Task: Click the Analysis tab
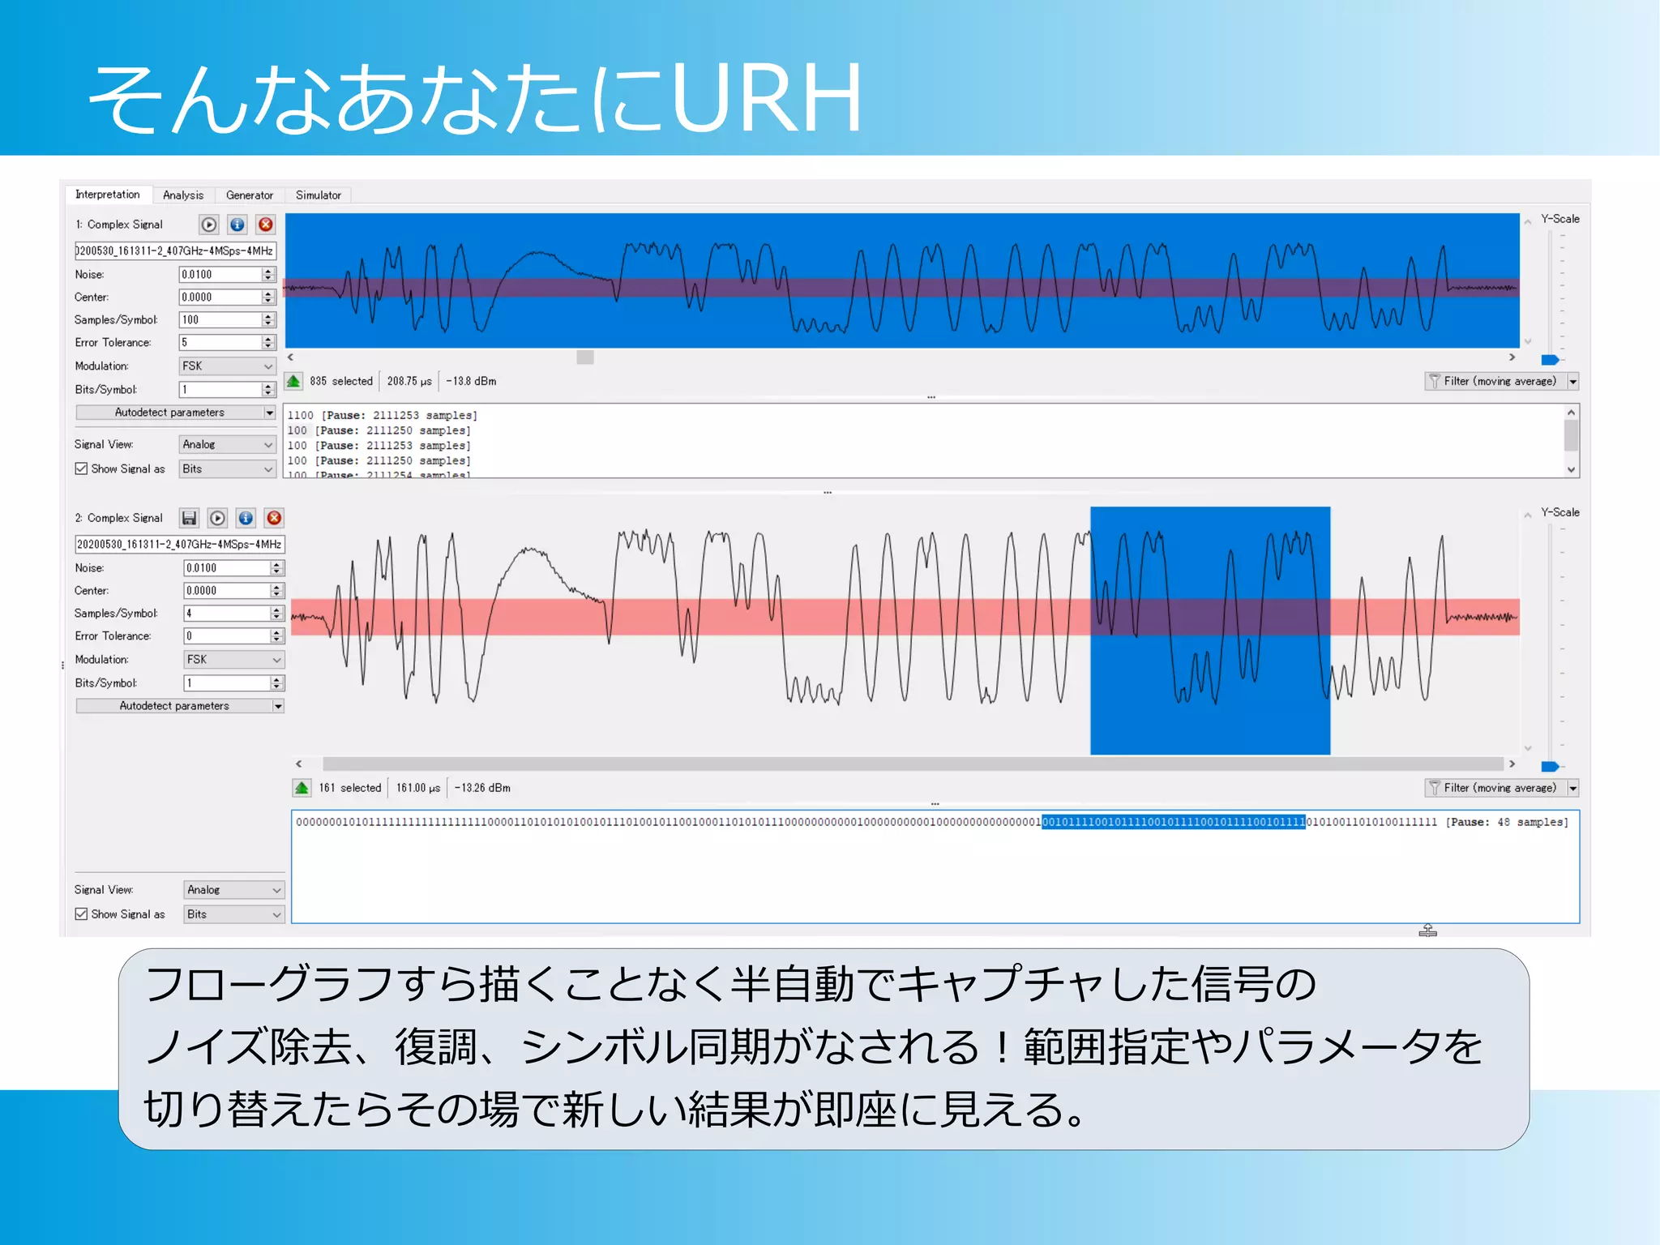pyautogui.click(x=183, y=195)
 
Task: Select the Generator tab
pyautogui.click(x=249, y=195)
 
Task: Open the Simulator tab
pyautogui.click(x=318, y=195)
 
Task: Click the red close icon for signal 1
pyautogui.click(x=265, y=225)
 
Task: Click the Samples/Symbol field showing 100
pyautogui.click(x=220, y=320)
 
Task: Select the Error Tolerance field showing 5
pyautogui.click(x=220, y=343)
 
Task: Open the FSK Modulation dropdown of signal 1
pyautogui.click(x=227, y=366)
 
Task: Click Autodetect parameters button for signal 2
pyautogui.click(x=174, y=706)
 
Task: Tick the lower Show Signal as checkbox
pyautogui.click(x=81, y=914)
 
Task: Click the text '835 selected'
pyautogui.click(x=340, y=381)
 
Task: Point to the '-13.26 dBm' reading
pyautogui.click(x=482, y=788)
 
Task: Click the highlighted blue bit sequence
pyautogui.click(x=1173, y=822)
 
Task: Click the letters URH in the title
pyautogui.click(x=766, y=99)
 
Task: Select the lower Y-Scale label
pyautogui.click(x=1559, y=512)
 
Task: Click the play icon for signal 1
pyautogui.click(x=209, y=225)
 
